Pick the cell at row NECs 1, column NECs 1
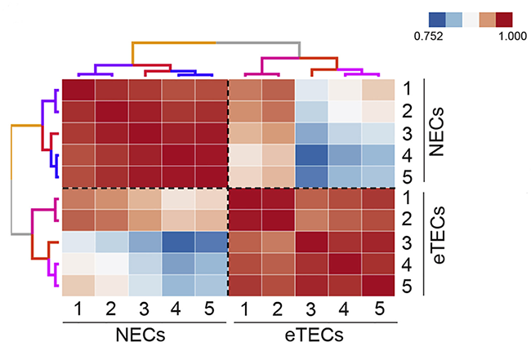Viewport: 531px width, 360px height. (x=78, y=90)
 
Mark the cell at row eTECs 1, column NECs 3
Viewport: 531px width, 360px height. (x=145, y=198)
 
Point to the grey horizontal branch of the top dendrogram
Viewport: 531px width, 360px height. (x=258, y=42)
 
